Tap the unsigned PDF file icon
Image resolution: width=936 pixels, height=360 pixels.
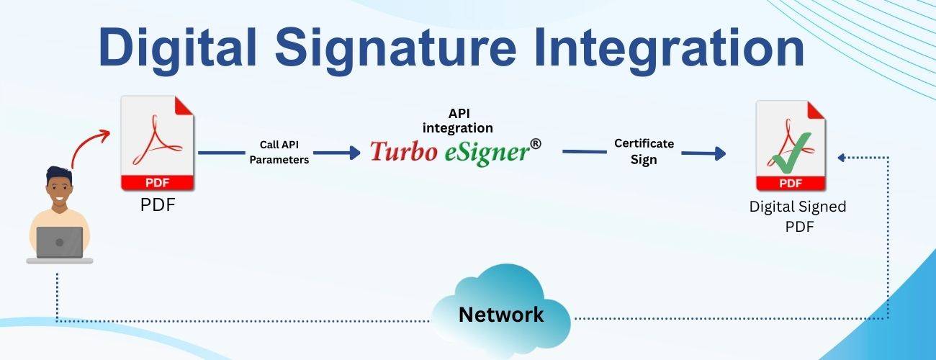[158, 143]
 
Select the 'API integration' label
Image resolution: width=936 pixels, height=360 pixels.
[458, 121]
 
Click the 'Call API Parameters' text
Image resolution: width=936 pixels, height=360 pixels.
[279, 153]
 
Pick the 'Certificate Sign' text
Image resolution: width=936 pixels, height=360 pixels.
[644, 151]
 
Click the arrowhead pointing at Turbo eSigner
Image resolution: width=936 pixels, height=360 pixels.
[354, 153]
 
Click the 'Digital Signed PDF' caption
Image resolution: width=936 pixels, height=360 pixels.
[797, 215]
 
